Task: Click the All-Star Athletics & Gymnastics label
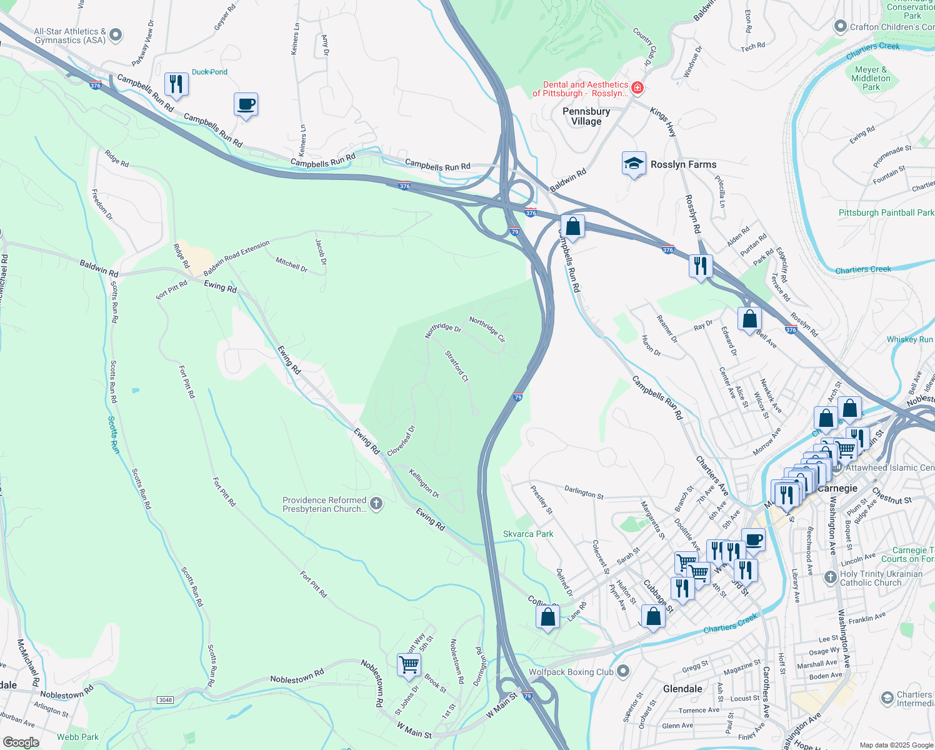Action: click(70, 36)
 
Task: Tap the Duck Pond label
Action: click(209, 72)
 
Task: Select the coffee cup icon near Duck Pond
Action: click(246, 104)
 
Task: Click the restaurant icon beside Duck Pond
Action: click(176, 84)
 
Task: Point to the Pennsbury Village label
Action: click(586, 116)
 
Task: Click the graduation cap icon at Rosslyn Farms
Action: click(634, 164)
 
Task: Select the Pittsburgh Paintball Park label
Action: click(886, 213)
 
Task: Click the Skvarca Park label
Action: click(528, 534)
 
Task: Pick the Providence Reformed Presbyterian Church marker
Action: click(376, 504)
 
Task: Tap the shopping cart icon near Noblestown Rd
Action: click(409, 665)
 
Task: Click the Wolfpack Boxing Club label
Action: click(571, 672)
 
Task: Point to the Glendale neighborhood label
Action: click(682, 689)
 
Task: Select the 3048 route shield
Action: click(165, 699)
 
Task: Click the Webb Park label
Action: click(77, 737)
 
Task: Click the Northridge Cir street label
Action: click(487, 329)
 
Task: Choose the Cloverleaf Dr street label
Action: click(401, 441)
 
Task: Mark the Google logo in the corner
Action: click(21, 742)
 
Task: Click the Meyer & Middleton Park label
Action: click(871, 78)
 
